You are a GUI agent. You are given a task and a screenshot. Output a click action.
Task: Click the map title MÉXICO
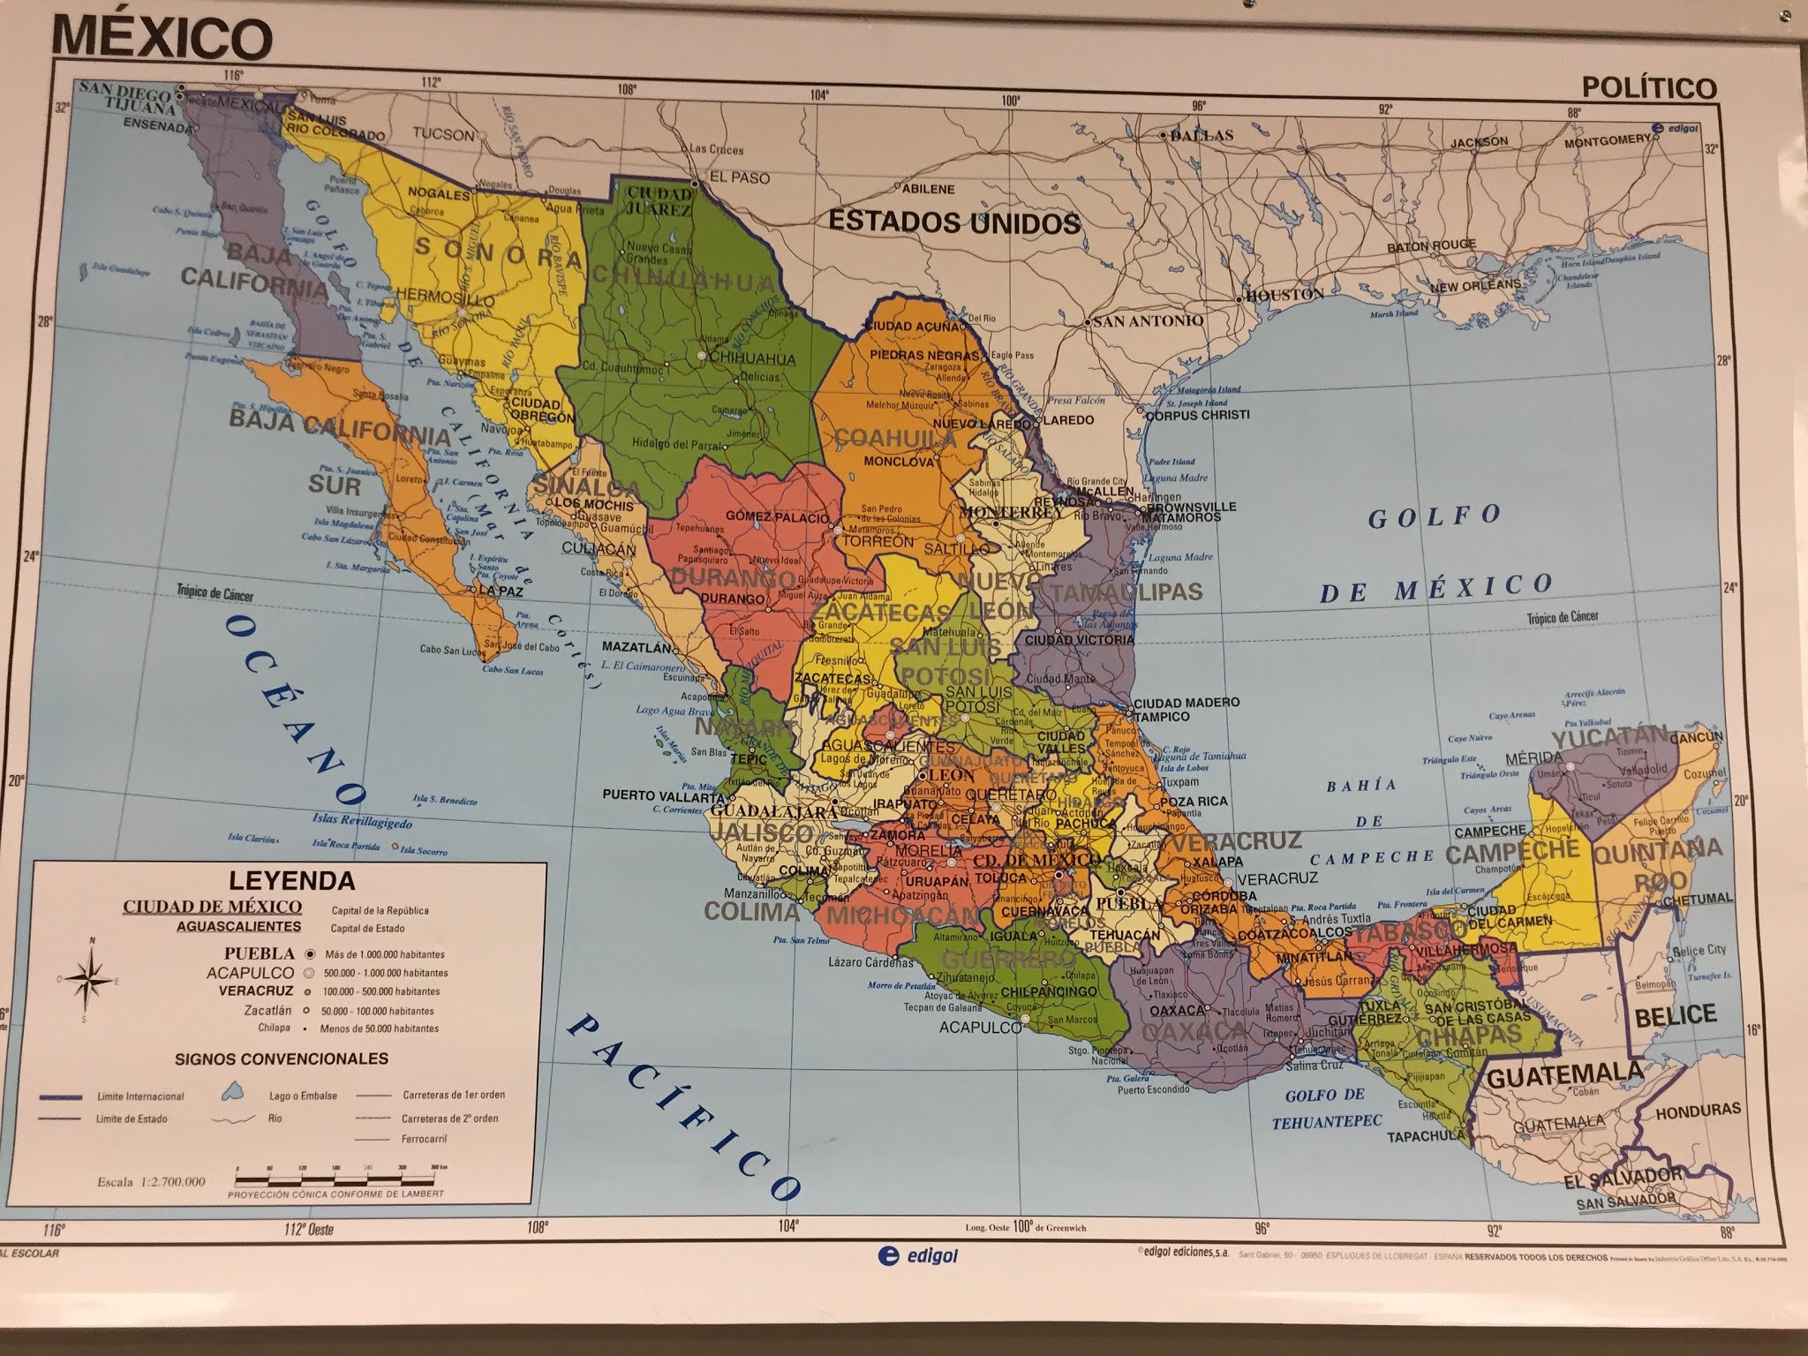click(162, 37)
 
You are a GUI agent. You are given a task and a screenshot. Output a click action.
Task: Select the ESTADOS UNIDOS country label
click(953, 222)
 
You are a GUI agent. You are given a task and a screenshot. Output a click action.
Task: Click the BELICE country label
click(1675, 1015)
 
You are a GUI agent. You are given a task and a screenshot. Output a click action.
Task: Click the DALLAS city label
click(1202, 135)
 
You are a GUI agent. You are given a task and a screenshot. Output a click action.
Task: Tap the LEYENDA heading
click(292, 880)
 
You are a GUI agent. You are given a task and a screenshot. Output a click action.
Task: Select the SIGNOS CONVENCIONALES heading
click(282, 1058)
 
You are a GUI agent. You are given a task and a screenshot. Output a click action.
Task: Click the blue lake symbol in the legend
click(232, 1094)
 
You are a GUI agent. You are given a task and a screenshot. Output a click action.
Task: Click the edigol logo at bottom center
click(918, 1281)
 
